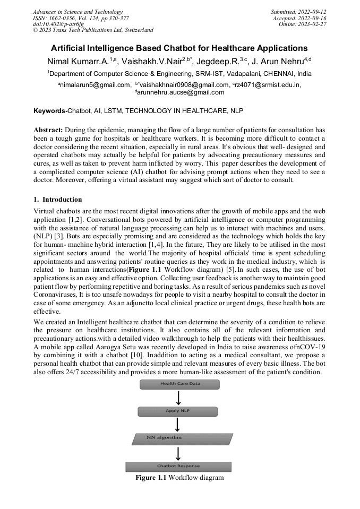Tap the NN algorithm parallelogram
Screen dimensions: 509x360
tap(182, 438)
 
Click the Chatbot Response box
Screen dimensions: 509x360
tap(178, 467)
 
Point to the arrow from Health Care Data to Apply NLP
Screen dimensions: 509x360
tap(179, 398)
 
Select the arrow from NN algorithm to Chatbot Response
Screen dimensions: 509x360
tap(179, 453)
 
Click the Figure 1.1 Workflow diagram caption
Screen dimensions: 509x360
tap(179, 478)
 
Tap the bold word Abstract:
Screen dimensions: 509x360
tap(48, 130)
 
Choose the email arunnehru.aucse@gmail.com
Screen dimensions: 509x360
tap(181, 92)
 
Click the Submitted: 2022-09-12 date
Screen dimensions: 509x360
tap(298, 12)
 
